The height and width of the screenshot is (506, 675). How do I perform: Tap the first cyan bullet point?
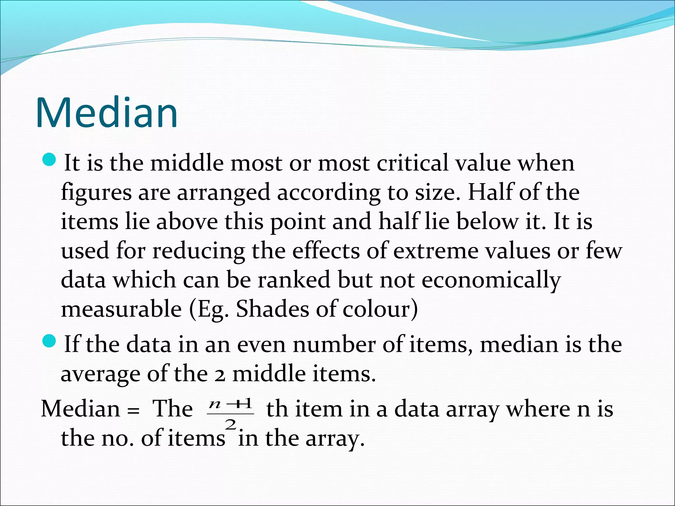click(50, 160)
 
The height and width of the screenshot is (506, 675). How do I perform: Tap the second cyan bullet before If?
click(50, 341)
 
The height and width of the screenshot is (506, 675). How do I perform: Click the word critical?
click(412, 163)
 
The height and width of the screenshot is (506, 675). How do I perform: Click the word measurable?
click(121, 309)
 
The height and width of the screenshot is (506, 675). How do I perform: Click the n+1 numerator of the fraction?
click(230, 404)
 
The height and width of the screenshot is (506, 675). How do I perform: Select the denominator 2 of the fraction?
click(230, 425)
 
